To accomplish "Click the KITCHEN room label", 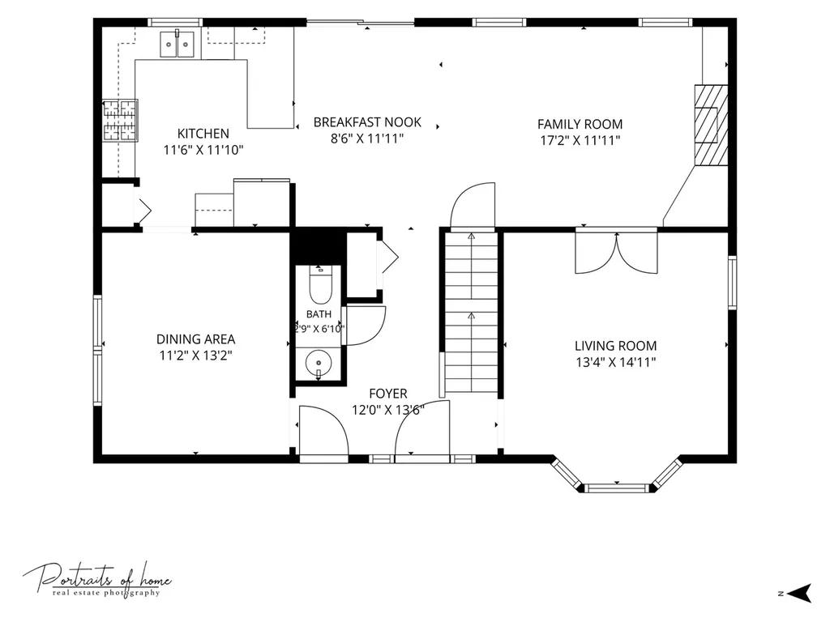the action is (203, 134).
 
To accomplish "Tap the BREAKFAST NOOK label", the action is (367, 122).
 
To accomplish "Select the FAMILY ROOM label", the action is (580, 124).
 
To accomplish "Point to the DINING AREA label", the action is (196, 339).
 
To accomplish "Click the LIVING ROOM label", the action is (616, 346).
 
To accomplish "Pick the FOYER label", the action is (388, 394).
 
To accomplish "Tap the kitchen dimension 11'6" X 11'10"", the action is (203, 150).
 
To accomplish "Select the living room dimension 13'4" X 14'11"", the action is (616, 362).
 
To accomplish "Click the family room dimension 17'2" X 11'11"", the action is (580, 141).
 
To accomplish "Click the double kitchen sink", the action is (178, 44).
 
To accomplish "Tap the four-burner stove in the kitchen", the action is (120, 121).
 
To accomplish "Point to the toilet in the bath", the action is (319, 284).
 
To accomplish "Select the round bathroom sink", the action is (319, 364).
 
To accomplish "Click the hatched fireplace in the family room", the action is (712, 126).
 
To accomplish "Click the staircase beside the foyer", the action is (471, 313).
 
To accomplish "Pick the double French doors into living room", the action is (617, 252).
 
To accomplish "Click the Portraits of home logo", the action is (97, 580).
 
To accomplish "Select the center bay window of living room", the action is (617, 488).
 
